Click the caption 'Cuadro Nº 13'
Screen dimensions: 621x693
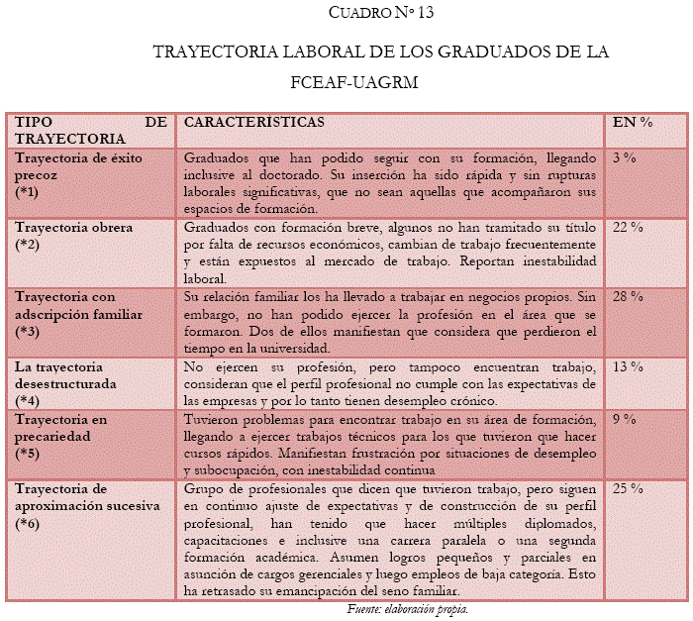point(380,14)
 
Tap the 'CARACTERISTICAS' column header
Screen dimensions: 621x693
point(254,122)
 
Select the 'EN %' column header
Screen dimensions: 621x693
point(632,122)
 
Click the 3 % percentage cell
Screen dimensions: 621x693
point(624,156)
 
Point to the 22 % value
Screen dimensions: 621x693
point(628,227)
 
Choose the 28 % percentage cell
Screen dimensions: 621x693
point(628,296)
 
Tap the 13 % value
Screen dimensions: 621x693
point(628,366)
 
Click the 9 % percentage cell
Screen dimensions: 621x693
point(624,419)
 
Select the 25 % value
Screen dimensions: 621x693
point(628,489)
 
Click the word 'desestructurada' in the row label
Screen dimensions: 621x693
point(65,382)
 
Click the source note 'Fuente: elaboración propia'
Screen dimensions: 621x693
point(407,609)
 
